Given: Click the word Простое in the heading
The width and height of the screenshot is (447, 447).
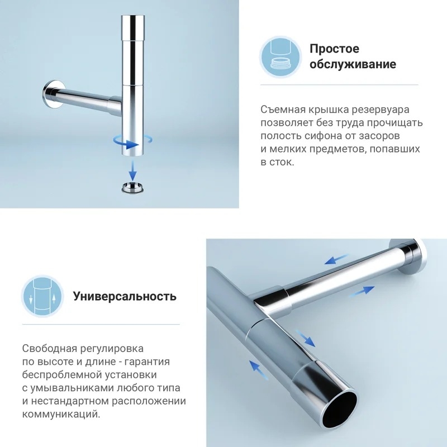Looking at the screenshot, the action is tap(334, 49).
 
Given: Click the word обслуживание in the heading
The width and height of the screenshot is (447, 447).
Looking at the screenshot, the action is tap(353, 64).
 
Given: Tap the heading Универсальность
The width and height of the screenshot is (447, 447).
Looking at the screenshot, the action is tap(125, 297).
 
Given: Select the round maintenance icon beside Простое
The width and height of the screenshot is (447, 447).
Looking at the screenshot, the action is tap(280, 57).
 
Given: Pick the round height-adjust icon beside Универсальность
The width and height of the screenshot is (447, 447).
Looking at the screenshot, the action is tap(42, 297).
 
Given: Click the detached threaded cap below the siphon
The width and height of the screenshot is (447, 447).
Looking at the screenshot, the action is tap(132, 187).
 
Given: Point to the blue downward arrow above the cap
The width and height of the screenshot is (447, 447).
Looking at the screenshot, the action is tap(132, 170).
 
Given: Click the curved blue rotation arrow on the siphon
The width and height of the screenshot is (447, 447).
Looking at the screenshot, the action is tap(132, 141).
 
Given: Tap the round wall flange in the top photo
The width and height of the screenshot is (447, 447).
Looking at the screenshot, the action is tap(54, 94).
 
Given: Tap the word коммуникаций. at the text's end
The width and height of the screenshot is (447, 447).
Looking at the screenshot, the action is tap(61, 414).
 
